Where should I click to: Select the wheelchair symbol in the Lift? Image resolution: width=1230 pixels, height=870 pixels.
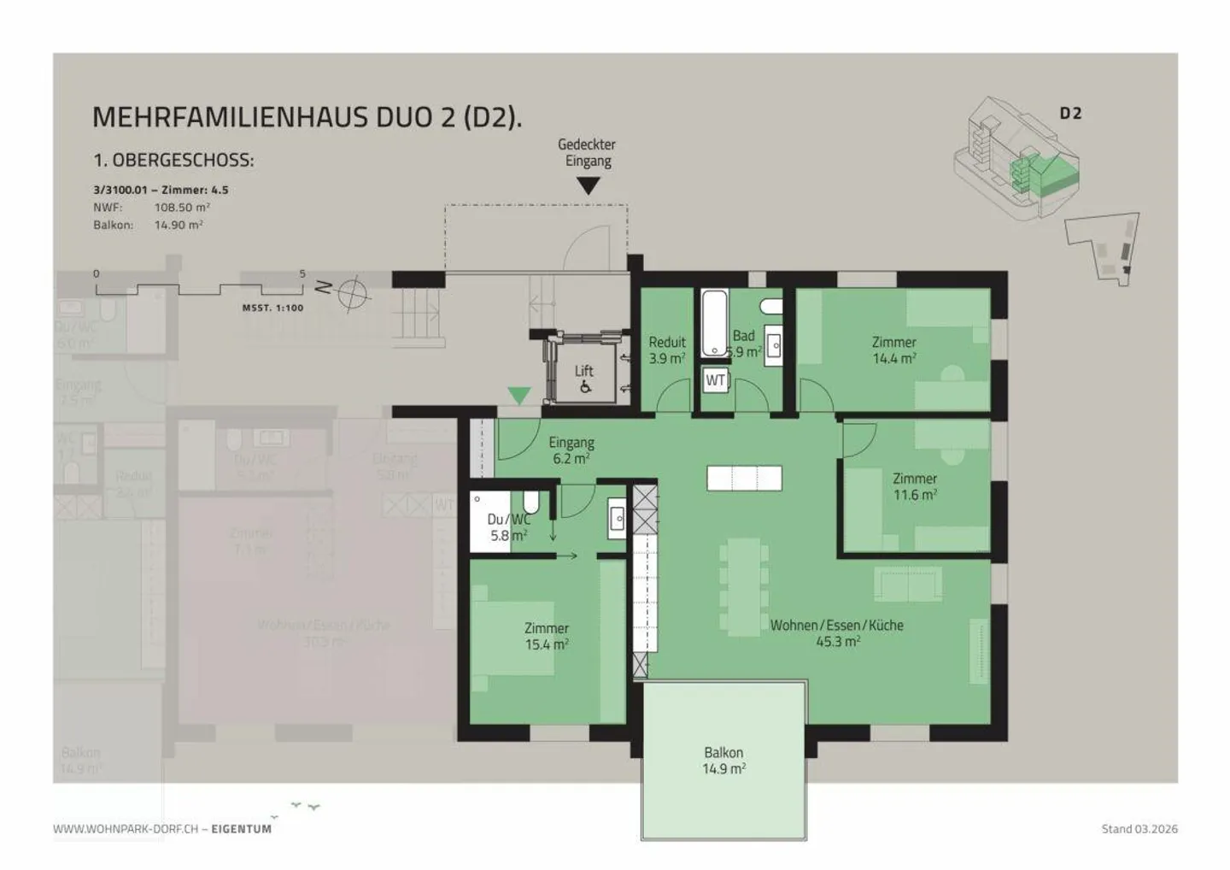(585, 387)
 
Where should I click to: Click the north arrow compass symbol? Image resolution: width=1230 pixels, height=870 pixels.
(352, 293)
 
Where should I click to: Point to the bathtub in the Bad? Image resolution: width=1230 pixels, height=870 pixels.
(714, 324)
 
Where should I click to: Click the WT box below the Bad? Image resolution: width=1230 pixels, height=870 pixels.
(716, 380)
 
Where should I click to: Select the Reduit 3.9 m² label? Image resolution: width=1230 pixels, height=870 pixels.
(666, 350)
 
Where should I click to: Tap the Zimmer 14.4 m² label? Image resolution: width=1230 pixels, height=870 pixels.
(893, 350)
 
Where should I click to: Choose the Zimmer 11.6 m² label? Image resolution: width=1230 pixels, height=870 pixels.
(915, 486)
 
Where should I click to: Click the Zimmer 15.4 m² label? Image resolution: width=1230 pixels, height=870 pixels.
(547, 637)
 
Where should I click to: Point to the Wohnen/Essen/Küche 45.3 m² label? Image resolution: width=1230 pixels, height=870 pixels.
(837, 633)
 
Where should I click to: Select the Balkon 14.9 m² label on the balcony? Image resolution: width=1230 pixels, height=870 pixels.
(723, 761)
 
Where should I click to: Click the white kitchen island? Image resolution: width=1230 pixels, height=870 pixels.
(744, 478)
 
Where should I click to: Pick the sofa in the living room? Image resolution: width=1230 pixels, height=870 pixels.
(908, 584)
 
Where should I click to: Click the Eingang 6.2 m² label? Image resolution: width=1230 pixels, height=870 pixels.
(571, 450)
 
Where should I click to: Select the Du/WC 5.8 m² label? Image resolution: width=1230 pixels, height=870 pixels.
(508, 527)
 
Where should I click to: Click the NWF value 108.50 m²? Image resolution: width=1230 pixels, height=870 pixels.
(182, 207)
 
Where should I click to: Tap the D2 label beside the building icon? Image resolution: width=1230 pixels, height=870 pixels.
(1070, 114)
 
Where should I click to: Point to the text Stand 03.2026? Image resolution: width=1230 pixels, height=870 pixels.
(1139, 828)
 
